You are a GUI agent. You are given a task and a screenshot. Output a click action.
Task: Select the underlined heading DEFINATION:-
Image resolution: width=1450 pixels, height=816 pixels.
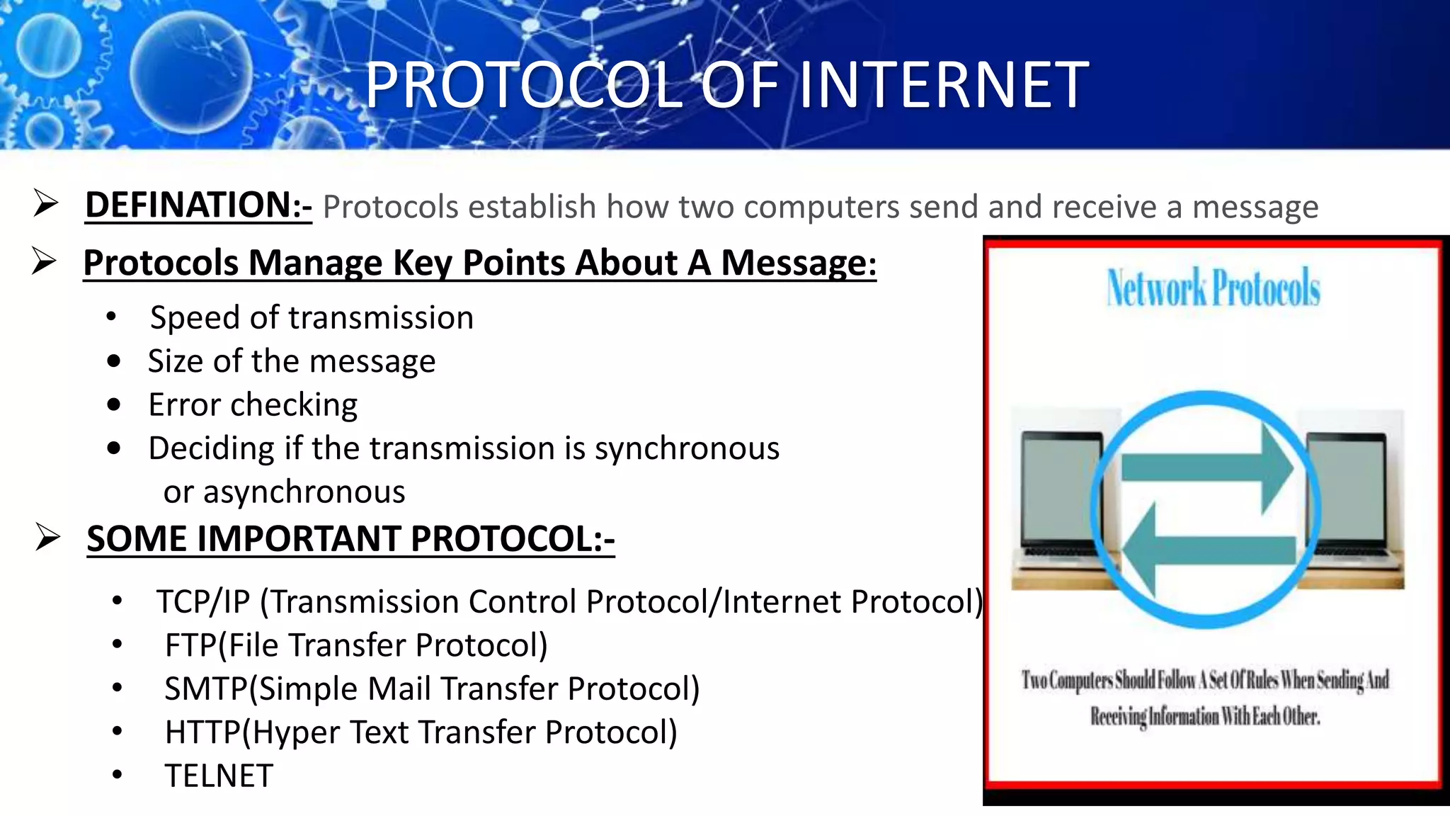pyautogui.click(x=198, y=205)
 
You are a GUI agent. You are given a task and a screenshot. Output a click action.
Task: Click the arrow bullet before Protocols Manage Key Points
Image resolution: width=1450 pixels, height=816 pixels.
pyautogui.click(x=45, y=261)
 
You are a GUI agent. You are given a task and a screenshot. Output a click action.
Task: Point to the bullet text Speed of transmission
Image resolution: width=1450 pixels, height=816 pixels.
pyautogui.click(x=312, y=317)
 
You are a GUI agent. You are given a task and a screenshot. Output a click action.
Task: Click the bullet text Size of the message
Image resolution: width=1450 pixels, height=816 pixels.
pyautogui.click(x=291, y=361)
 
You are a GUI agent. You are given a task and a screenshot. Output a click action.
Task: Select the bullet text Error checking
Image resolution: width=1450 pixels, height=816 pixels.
pyautogui.click(x=253, y=405)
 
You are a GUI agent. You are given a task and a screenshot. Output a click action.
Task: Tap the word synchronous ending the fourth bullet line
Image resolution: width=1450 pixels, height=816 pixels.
pyautogui.click(x=687, y=448)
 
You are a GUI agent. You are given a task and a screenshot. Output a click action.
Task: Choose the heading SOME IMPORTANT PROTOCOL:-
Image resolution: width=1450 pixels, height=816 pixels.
pyautogui.click(x=350, y=539)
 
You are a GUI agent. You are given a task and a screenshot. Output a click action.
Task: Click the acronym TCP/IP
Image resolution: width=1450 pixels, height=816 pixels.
pyautogui.click(x=203, y=602)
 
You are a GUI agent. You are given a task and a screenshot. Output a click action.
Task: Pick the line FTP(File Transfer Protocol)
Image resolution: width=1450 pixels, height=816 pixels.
pyautogui.click(x=356, y=645)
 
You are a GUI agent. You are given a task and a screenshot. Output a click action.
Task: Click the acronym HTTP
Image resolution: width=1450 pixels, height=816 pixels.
pyautogui.click(x=202, y=732)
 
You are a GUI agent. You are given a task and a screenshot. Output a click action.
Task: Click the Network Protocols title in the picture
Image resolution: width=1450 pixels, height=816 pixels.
pyautogui.click(x=1214, y=288)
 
